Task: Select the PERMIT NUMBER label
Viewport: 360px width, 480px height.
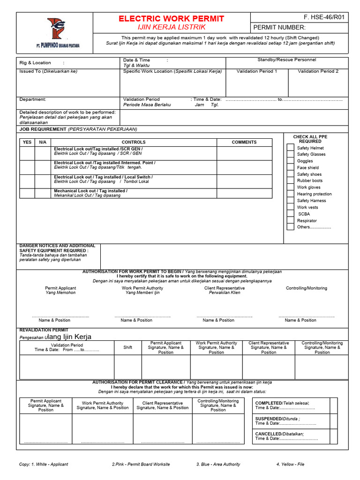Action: pos(279,28)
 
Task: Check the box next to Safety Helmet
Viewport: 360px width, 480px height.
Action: pos(291,148)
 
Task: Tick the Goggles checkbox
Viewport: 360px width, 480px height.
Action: pos(291,161)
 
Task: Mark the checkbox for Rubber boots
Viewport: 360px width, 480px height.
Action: pos(291,180)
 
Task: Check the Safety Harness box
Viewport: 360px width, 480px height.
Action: pos(291,200)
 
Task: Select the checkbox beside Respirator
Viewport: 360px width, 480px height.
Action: pos(291,220)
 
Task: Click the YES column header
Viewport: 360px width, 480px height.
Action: pos(27,142)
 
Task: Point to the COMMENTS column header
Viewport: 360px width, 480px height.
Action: pos(244,142)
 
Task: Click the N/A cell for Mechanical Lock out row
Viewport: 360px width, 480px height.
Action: pos(43,193)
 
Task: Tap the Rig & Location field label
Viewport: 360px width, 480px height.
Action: pos(35,63)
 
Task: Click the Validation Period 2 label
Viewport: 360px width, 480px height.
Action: pos(318,71)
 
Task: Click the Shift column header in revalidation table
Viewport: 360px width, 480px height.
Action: pos(127,347)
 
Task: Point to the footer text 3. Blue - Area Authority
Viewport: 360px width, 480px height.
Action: pos(218,464)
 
